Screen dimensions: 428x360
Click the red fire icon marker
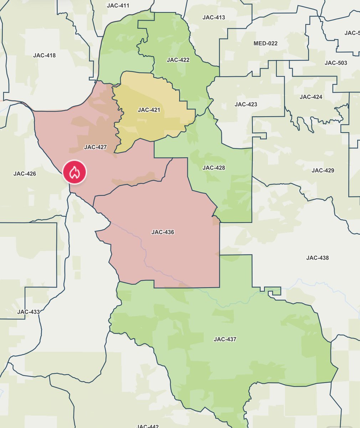(x=75, y=172)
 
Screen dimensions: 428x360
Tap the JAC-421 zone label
(x=149, y=110)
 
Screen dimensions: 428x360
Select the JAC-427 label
(x=96, y=147)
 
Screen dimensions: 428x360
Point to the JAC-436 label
(x=163, y=232)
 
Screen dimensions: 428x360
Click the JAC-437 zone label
(x=225, y=339)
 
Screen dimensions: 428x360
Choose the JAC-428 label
(x=214, y=168)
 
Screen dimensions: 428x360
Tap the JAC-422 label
(x=178, y=60)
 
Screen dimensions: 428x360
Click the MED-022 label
(x=265, y=44)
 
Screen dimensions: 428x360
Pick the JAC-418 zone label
(x=44, y=55)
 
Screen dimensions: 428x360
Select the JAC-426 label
(x=25, y=174)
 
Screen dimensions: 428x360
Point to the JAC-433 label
(x=29, y=312)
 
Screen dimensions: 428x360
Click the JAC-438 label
(x=317, y=258)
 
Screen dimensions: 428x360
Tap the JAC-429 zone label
(x=323, y=170)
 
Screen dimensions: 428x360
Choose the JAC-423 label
(x=246, y=105)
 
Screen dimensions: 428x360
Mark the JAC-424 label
(x=311, y=97)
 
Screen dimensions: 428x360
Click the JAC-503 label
(x=336, y=63)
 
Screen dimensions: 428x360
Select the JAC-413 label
(x=214, y=17)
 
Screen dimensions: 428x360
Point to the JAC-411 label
(x=118, y=6)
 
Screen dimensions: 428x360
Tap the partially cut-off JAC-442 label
(x=148, y=426)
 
